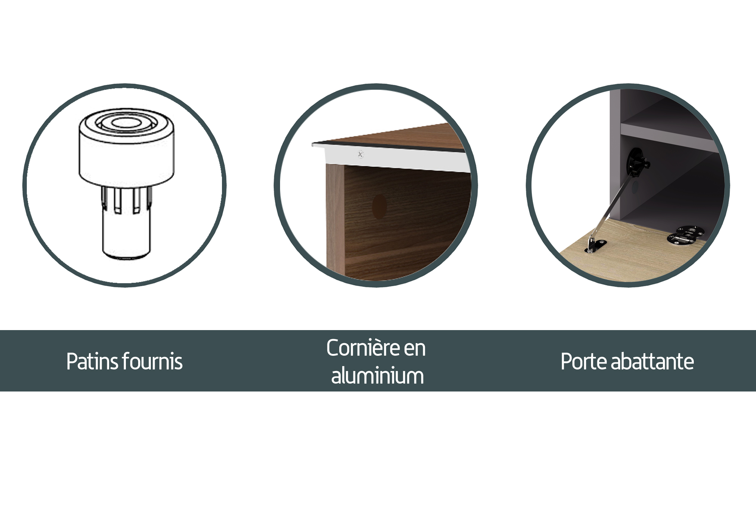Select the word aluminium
click(378, 375)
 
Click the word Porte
click(584, 361)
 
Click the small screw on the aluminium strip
click(360, 154)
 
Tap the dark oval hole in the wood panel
click(379, 206)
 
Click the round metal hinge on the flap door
click(685, 235)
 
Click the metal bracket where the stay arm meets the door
click(595, 246)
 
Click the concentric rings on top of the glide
click(126, 122)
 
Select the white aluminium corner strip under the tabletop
click(395, 158)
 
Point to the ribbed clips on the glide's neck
click(126, 199)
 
